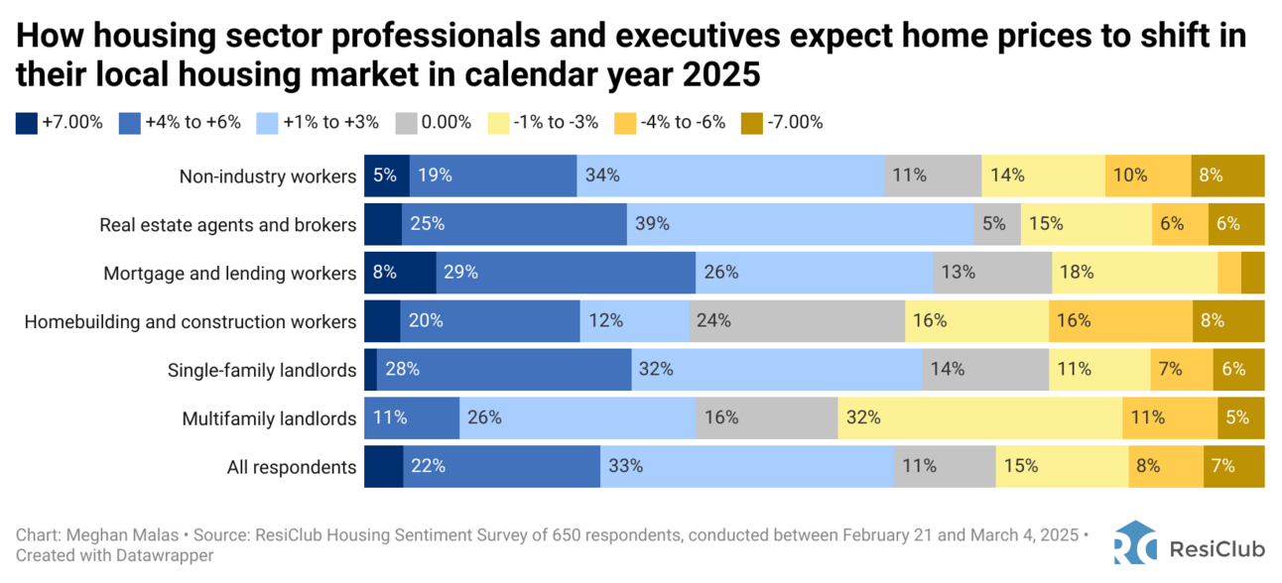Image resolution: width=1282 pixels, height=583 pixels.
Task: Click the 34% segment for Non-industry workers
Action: click(x=730, y=175)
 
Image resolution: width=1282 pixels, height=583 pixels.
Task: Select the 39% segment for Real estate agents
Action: click(x=800, y=224)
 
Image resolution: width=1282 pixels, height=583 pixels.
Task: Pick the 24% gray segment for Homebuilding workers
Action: click(x=797, y=321)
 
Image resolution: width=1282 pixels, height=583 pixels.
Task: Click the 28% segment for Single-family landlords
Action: click(x=504, y=370)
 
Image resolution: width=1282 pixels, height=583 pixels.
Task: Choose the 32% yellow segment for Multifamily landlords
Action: click(x=980, y=417)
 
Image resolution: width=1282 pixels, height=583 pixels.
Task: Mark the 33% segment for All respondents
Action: click(x=746, y=466)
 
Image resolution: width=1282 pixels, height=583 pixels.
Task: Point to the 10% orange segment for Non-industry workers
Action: click(x=1148, y=175)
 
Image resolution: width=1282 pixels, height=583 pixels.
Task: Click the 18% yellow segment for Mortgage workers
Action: click(x=1134, y=273)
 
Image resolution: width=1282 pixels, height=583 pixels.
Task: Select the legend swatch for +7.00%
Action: click(x=27, y=123)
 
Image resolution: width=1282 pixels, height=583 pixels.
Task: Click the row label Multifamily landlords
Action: click(x=269, y=418)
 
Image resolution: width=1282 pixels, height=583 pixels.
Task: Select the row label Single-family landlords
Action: click(x=262, y=370)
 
